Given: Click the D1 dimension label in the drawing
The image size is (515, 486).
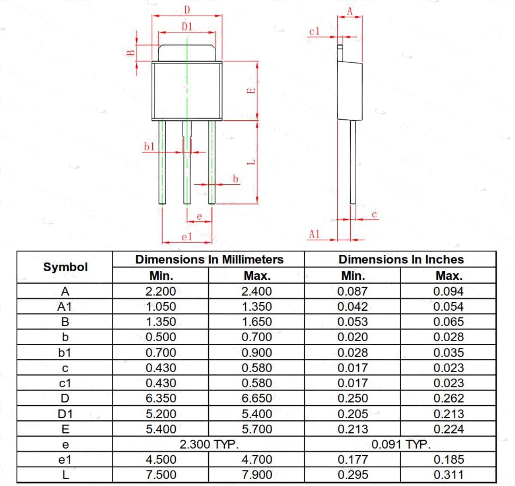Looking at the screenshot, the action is coord(187,27).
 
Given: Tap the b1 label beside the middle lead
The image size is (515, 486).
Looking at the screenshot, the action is coord(149,147).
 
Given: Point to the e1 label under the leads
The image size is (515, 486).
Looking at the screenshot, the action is coord(187,237).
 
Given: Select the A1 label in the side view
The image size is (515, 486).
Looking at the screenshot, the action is coord(314,234).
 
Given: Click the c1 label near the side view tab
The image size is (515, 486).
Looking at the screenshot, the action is coord(314,31).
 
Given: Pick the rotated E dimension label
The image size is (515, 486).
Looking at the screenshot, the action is coord(251,91).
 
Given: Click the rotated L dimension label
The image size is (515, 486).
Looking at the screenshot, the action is coord(251,162).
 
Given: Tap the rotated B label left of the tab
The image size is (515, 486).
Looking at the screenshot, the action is coord(131,53).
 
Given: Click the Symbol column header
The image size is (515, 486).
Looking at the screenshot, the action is coord(65,267).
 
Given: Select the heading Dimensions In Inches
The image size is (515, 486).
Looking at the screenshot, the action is coord(401,260).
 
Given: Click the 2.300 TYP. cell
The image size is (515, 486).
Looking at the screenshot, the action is coord(209,444).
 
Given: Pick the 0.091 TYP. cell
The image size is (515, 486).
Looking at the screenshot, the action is coord(401,444).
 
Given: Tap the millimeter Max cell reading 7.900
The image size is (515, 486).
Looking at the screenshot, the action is coord(257,475).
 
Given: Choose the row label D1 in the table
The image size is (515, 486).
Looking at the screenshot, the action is coord(65,414).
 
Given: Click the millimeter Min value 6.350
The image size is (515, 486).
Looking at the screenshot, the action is coord(161,398).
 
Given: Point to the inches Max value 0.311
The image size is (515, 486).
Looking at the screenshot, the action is coord(448,475).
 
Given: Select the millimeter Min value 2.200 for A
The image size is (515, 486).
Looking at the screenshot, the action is coord(161,291).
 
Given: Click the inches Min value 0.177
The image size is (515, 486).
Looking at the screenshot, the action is coord(353,459).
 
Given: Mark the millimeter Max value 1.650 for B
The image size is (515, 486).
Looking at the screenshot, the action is coord(257,322).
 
